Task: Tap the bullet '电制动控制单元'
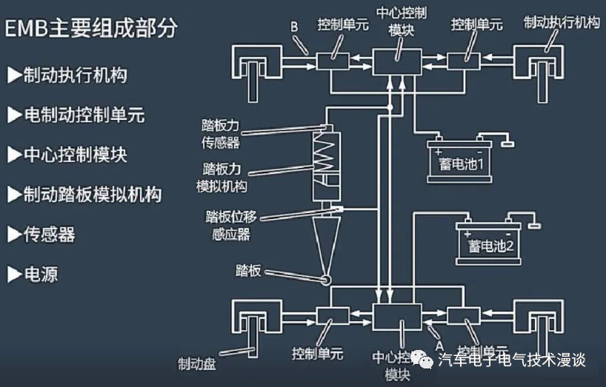(75, 115)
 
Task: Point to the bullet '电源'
(33, 275)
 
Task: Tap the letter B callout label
(294, 27)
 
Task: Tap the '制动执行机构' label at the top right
(561, 21)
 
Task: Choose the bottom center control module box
(396, 317)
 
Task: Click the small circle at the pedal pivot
(324, 279)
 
